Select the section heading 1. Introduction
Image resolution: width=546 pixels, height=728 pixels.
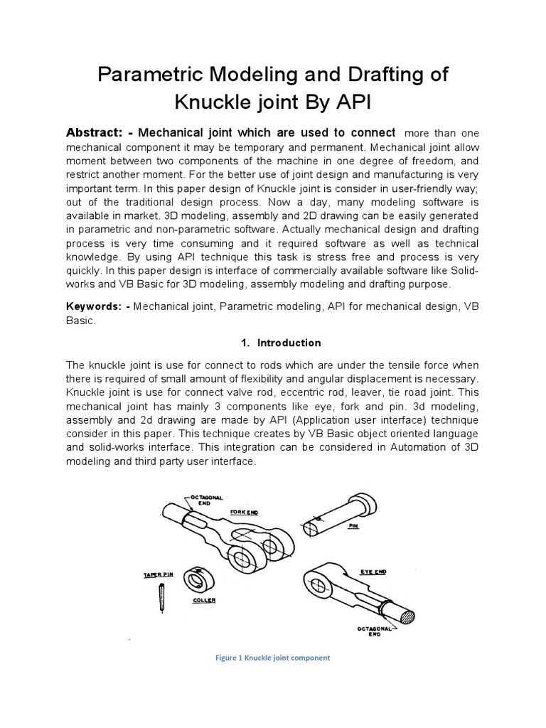pyautogui.click(x=281, y=343)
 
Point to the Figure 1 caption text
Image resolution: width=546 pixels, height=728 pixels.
pyautogui.click(x=272, y=658)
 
